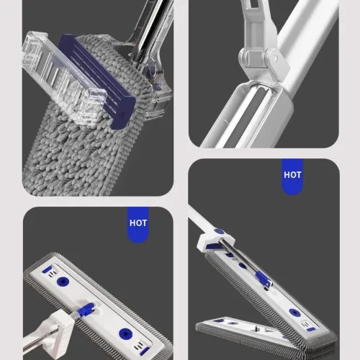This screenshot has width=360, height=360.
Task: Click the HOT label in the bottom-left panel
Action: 138,222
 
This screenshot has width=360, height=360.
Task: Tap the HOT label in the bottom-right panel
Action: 292,174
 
